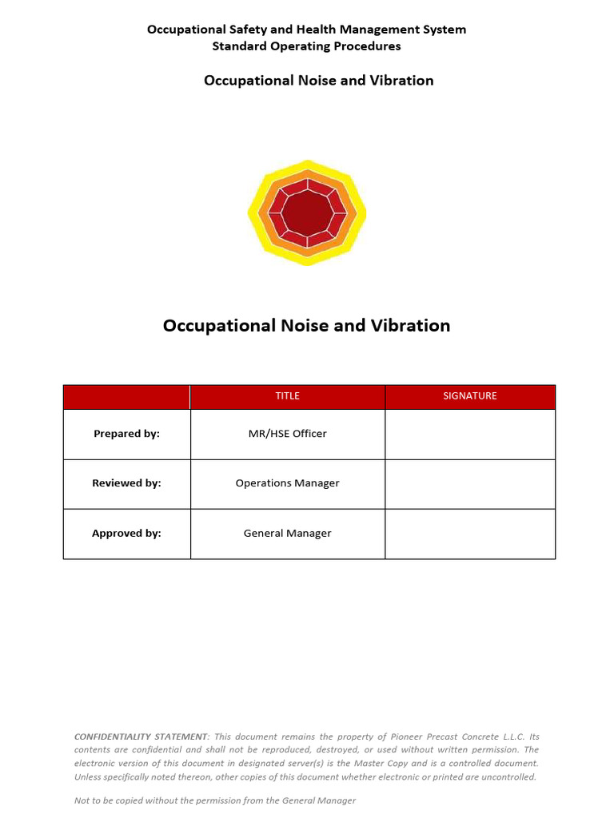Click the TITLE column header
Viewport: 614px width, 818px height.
tap(287, 396)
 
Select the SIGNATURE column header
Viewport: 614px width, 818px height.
tap(470, 396)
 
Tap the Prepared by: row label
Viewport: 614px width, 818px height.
tap(126, 434)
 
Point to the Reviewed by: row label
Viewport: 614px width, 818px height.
tap(126, 483)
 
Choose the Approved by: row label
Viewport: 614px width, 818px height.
tap(126, 534)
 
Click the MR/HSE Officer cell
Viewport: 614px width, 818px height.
tap(287, 434)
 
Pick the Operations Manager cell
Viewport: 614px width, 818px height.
tap(287, 483)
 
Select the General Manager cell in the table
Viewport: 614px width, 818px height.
tap(287, 534)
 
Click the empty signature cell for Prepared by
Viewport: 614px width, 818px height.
tap(470, 434)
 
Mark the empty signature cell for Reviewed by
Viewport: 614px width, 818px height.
tap(470, 483)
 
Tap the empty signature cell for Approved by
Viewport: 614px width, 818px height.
tap(470, 534)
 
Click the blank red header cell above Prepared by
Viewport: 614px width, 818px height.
tap(126, 396)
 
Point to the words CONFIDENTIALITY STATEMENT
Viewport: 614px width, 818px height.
tap(142, 737)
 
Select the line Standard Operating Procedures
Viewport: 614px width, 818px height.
tap(306, 46)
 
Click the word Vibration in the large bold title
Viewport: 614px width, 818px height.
tap(410, 326)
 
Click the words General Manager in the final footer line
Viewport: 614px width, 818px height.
tap(321, 800)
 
